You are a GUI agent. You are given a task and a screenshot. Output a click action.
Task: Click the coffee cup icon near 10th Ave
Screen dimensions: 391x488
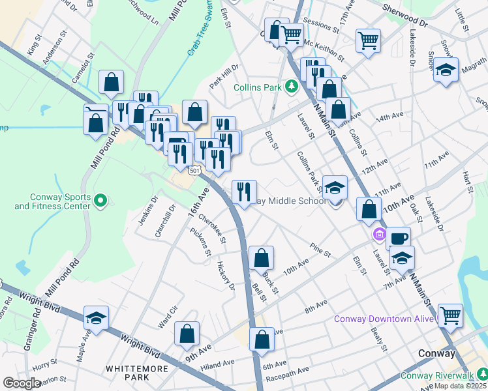click(x=398, y=238)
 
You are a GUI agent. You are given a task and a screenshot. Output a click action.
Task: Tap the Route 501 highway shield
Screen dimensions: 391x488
click(x=194, y=171)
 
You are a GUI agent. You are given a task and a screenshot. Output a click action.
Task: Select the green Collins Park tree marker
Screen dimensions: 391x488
click(x=294, y=86)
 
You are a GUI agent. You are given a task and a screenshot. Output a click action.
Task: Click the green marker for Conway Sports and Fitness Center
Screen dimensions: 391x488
click(x=100, y=200)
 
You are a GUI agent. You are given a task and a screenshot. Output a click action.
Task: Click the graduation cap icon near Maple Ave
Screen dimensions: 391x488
click(x=97, y=318)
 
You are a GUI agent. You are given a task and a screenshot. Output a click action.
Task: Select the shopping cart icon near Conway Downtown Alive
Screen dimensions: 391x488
click(x=450, y=315)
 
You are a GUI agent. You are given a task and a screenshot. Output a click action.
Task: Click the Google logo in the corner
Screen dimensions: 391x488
click(x=21, y=383)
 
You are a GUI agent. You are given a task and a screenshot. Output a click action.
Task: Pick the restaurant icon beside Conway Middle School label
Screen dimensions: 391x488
click(x=244, y=192)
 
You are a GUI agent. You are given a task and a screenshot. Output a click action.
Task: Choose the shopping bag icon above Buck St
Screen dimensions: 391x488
click(x=261, y=258)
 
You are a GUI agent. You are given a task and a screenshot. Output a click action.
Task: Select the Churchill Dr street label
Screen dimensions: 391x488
click(x=166, y=222)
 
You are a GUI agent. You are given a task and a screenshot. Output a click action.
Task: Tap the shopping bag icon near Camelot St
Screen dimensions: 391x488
click(x=111, y=82)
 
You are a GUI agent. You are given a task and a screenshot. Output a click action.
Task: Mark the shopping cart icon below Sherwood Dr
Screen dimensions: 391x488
click(x=368, y=40)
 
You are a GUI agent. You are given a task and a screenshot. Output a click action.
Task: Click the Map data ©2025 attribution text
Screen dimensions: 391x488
click(x=461, y=386)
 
